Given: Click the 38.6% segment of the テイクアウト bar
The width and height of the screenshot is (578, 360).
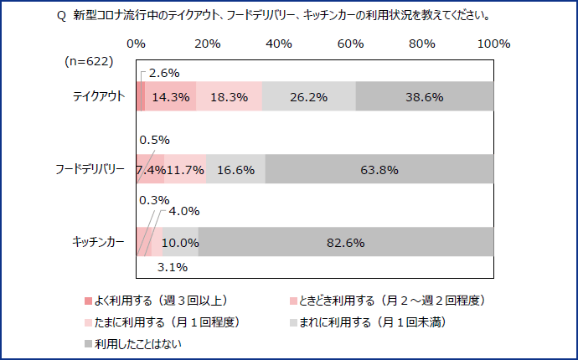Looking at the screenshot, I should point(424,96).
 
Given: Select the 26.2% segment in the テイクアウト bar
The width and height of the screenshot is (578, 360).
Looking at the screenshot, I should point(309,96).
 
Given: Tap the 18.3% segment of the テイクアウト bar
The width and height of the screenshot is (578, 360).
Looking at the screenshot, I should point(229,96).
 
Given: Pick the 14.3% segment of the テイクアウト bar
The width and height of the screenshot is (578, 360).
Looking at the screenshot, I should point(171,96).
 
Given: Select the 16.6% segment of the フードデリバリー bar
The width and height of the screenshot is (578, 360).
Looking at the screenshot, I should point(235,169).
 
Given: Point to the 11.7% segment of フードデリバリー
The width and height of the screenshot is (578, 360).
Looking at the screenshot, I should point(185,169).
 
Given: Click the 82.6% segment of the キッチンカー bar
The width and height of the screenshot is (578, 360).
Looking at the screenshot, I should point(345,243).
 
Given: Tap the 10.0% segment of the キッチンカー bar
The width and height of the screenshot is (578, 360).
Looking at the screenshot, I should point(180,243).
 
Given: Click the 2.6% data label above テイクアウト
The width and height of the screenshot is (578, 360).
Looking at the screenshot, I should point(164,73).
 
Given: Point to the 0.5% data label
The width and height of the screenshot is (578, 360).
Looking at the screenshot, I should point(154,140).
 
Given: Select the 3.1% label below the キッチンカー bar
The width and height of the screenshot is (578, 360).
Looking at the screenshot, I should point(172,267).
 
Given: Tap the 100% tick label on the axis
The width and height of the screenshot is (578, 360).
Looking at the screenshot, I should point(493,44).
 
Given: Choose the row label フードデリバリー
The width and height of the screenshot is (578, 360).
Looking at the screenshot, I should point(90,169).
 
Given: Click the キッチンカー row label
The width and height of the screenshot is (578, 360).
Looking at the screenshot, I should point(98,243).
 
